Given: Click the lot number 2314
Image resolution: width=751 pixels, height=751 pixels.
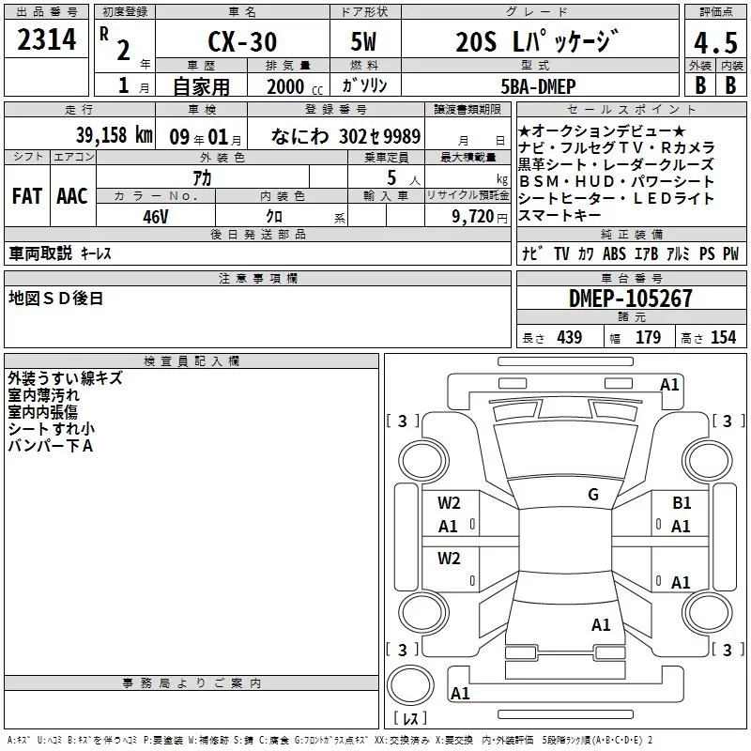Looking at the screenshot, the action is tap(46, 39).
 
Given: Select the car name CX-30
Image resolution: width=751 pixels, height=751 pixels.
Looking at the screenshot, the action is tap(242, 41).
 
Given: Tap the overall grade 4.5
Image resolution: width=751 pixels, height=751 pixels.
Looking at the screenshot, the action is tap(715, 42).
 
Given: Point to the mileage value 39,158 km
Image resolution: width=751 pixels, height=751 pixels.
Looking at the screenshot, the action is tap(115, 135).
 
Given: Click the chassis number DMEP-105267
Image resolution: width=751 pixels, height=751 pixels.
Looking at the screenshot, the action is tap(630, 299).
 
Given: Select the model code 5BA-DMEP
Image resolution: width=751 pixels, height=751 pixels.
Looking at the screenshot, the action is tap(538, 86).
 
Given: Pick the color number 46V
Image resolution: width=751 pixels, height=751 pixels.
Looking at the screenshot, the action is tap(155, 217).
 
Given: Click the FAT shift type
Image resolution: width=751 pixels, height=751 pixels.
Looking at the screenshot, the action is tap(27, 196).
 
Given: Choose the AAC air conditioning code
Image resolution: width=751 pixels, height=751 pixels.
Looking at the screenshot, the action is tap(72, 196).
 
